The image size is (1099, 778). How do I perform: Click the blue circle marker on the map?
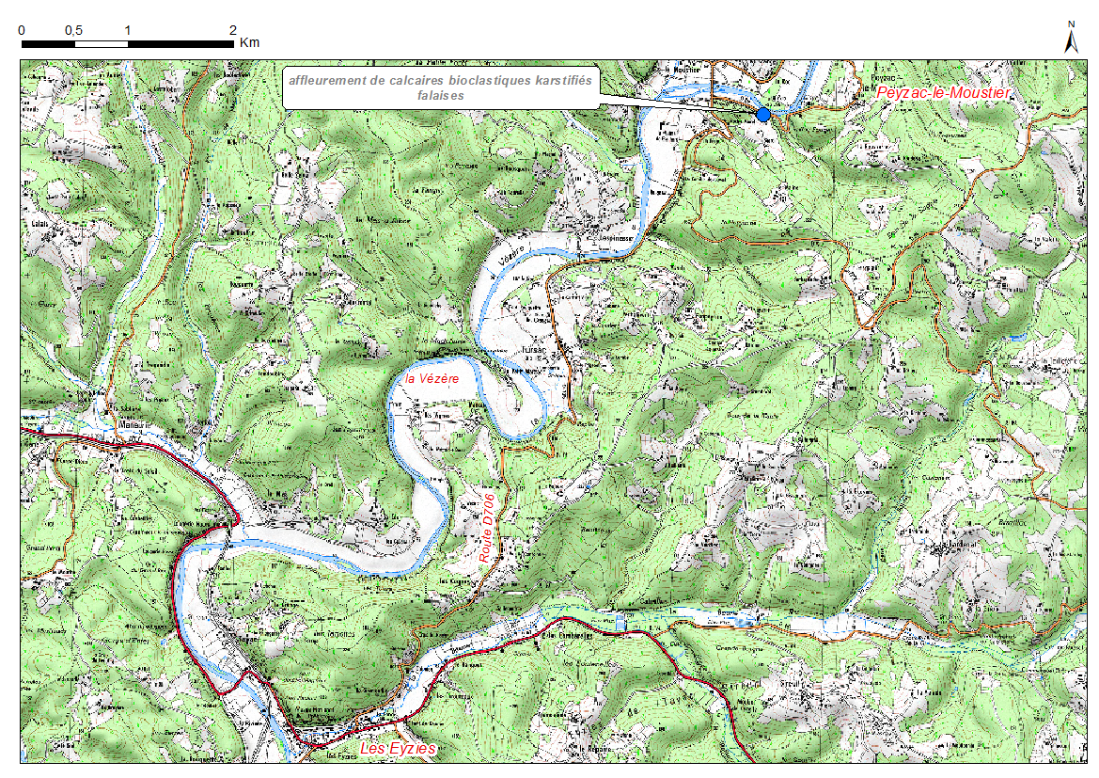point(763,114)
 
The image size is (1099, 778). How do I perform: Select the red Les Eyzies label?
point(399,749)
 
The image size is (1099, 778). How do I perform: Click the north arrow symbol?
point(1071,41)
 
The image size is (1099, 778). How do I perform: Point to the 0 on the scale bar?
point(22,29)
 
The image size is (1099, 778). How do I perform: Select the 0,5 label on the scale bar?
point(74,29)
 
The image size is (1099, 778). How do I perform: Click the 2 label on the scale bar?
point(232,29)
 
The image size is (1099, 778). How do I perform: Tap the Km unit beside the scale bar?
point(249,42)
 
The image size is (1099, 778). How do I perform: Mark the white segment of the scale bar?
point(101,43)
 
